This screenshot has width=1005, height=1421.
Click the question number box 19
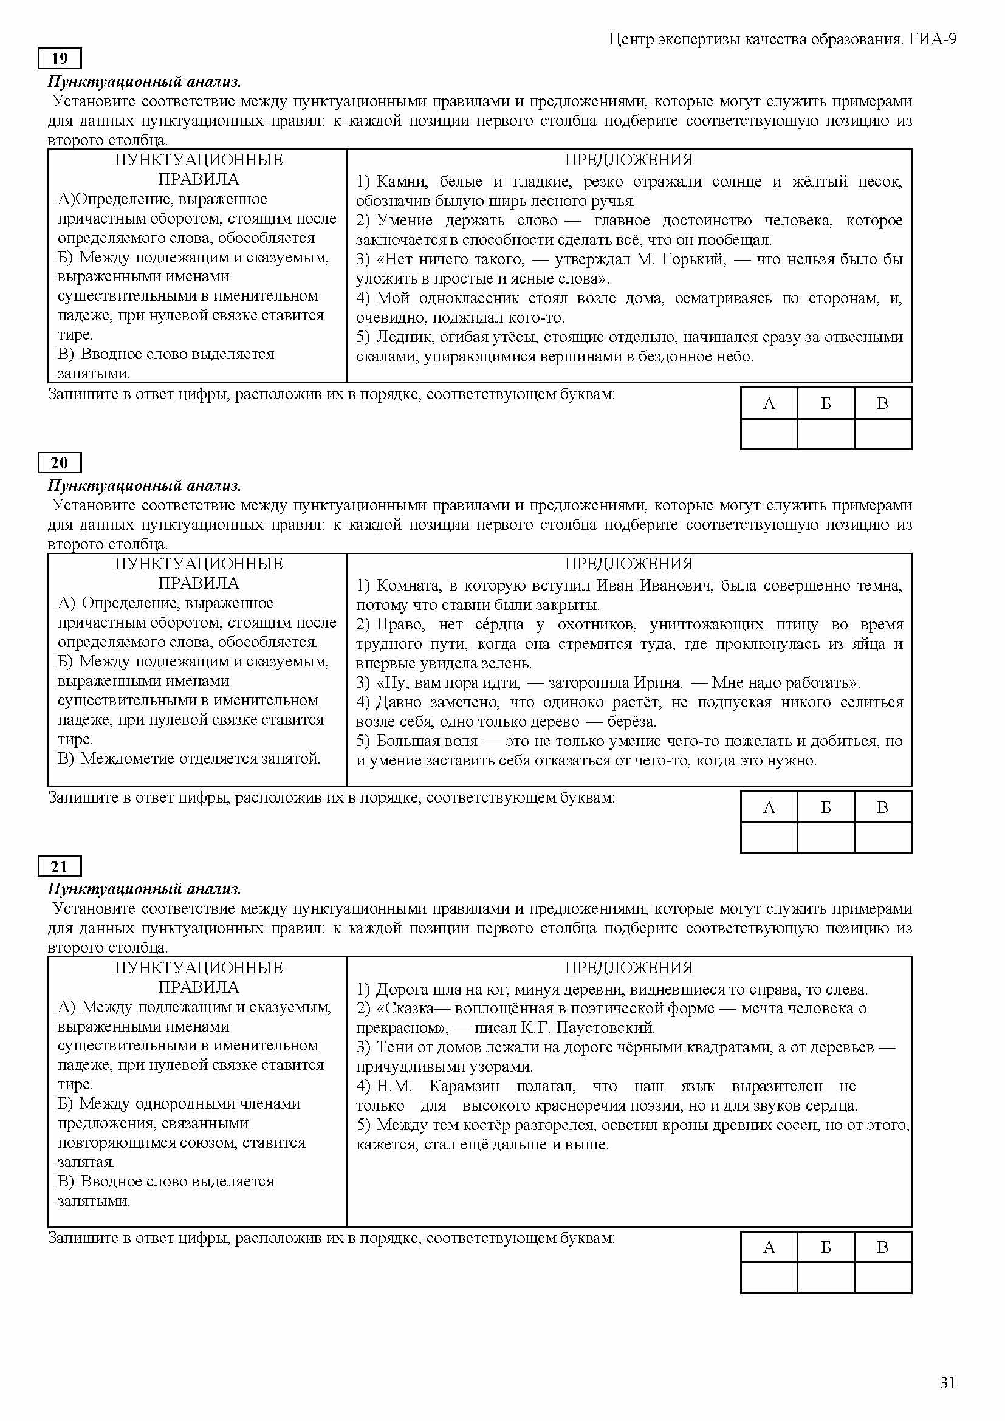[x=60, y=59]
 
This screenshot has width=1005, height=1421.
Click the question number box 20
[x=60, y=463]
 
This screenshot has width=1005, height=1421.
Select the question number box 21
[x=60, y=866]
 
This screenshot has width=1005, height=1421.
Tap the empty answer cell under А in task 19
[x=769, y=434]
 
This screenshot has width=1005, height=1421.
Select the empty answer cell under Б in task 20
[x=826, y=837]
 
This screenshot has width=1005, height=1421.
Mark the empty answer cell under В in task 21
[x=882, y=1278]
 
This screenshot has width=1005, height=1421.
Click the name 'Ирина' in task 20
[x=658, y=683]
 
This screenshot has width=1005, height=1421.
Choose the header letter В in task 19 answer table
[x=882, y=403]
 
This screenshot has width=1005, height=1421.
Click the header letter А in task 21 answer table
[x=769, y=1247]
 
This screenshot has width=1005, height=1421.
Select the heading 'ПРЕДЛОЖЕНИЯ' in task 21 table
[x=628, y=967]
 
